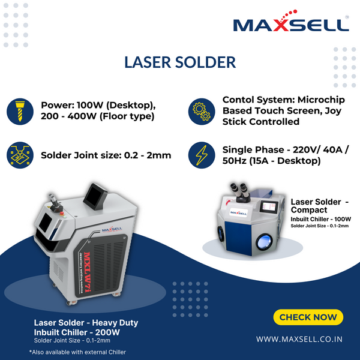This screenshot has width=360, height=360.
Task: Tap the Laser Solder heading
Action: [x=180, y=62]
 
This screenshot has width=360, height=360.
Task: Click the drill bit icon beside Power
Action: [x=20, y=112]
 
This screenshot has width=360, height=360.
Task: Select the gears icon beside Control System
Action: [x=202, y=112]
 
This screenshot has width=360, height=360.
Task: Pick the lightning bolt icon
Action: [x=202, y=155]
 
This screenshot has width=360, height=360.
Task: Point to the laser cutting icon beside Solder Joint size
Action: [x=20, y=155]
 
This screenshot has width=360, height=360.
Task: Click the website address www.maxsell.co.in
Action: [x=299, y=339]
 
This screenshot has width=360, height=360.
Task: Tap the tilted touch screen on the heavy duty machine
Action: [x=95, y=197]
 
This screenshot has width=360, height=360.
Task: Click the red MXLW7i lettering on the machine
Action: [x=87, y=272]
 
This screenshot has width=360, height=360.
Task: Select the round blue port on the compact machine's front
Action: [x=264, y=242]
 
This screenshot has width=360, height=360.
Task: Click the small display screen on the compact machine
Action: [x=269, y=206]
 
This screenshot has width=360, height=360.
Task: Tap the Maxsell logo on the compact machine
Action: [x=239, y=212]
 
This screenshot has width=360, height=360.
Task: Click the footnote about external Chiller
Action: [x=77, y=352]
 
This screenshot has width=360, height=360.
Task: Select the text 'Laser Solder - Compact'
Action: [x=320, y=206]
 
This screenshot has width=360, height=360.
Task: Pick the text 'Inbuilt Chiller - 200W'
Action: [x=77, y=332]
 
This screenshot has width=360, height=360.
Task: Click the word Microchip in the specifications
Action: [x=321, y=100]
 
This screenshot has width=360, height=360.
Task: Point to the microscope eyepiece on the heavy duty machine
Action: [x=53, y=201]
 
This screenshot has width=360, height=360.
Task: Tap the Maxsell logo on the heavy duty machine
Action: [x=112, y=229]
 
